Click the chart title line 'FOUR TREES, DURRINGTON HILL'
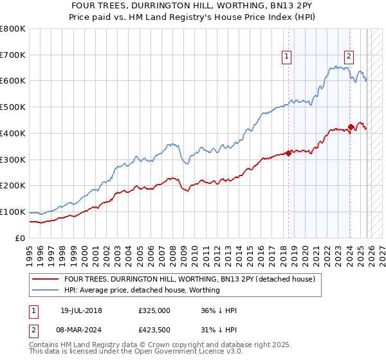192,6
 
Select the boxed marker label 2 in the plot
349,56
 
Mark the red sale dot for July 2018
288,153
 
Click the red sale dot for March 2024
351,127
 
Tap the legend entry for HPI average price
142,290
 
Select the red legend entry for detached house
189,279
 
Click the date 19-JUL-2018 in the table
82,310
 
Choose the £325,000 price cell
154,310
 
